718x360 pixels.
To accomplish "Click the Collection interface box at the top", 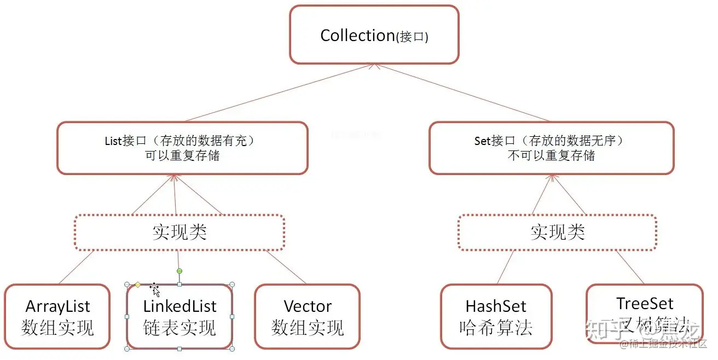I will pos(374,35).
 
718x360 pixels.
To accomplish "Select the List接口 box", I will pos(182,148).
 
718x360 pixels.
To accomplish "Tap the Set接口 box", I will pos(551,148).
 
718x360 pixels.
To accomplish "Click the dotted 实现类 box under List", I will pos(179,233).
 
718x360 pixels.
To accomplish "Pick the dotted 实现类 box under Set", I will pos(557,233).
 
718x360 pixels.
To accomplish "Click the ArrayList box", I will pos(57,316).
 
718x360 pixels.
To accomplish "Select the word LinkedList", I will pos(179,306).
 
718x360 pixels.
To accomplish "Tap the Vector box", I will pos(308,316).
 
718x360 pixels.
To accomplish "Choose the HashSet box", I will pos(496,316).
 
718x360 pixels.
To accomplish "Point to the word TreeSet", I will pos(645,303).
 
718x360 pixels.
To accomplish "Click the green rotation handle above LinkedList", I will pos(179,271).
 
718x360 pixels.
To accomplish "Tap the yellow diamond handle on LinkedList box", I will pos(138,284).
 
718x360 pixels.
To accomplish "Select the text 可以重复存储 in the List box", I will pos(182,155).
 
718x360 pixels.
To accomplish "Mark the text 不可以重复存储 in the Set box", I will pos(551,155).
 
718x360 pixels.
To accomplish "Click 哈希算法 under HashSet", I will pos(496,328).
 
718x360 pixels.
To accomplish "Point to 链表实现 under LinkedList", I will pos(179,328).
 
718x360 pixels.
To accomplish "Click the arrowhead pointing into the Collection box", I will pos(374,66).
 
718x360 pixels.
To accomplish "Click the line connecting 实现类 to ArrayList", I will pos(74,268).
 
